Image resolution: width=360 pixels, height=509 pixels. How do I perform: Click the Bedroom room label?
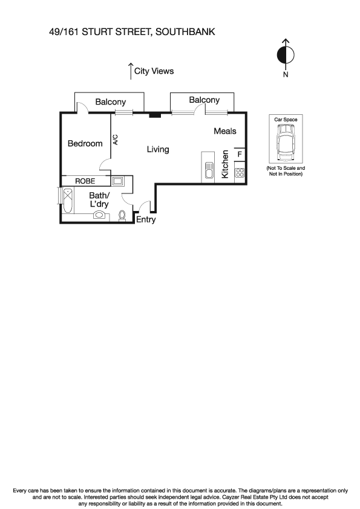pyautogui.click(x=85, y=144)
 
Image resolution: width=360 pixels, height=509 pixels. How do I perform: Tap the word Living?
pyautogui.click(x=158, y=149)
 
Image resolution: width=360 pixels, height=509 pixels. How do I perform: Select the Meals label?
pyautogui.click(x=224, y=131)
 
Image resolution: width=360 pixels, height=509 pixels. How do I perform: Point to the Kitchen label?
pyautogui.click(x=225, y=164)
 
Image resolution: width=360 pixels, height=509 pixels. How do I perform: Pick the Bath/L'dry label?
pyautogui.click(x=99, y=200)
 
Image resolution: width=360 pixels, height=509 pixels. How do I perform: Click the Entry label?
pyautogui.click(x=145, y=220)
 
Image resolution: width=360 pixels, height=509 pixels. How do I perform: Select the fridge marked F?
pyautogui.click(x=240, y=155)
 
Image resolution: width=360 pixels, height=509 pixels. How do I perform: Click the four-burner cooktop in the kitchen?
pyautogui.click(x=240, y=173)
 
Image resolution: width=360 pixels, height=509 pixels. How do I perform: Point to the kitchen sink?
pyautogui.click(x=208, y=170)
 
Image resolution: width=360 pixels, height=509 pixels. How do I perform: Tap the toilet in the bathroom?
pyautogui.click(x=122, y=215)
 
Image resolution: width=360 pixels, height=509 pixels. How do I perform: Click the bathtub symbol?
pyautogui.click(x=67, y=201)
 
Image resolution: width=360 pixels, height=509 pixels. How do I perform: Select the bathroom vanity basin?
pyautogui.click(x=100, y=214)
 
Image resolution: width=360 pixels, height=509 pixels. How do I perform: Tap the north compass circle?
pyautogui.click(x=286, y=56)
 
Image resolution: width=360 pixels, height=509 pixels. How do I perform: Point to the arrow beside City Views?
pyautogui.click(x=130, y=70)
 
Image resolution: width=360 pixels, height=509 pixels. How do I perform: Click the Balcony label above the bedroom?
pyautogui.click(x=110, y=102)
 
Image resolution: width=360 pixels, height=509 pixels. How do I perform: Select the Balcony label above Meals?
pyautogui.click(x=204, y=100)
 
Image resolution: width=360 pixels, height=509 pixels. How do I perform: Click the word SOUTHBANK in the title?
pyautogui.click(x=186, y=31)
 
